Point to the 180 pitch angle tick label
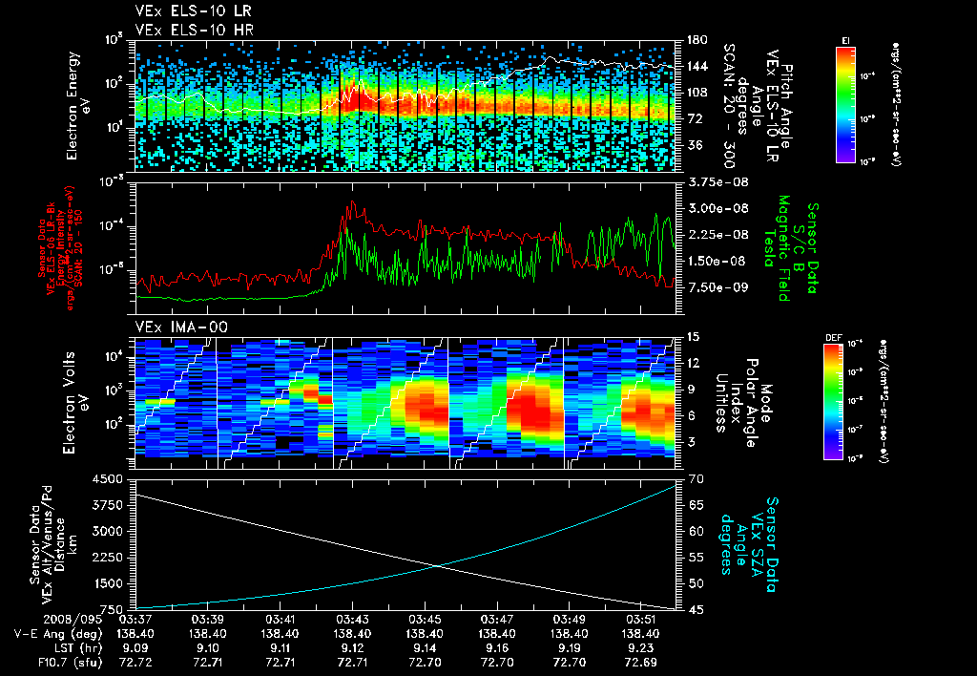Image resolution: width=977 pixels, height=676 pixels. point(695,39)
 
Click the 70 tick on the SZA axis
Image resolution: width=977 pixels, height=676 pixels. point(694,479)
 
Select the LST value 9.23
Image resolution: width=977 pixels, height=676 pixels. point(641,646)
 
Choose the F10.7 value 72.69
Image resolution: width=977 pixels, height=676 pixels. point(641,661)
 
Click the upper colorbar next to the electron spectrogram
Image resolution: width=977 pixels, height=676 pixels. point(845,104)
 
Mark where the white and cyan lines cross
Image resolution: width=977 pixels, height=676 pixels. point(437,566)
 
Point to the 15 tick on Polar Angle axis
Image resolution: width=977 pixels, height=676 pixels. point(694,337)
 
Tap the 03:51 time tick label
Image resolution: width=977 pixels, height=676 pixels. point(641,619)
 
